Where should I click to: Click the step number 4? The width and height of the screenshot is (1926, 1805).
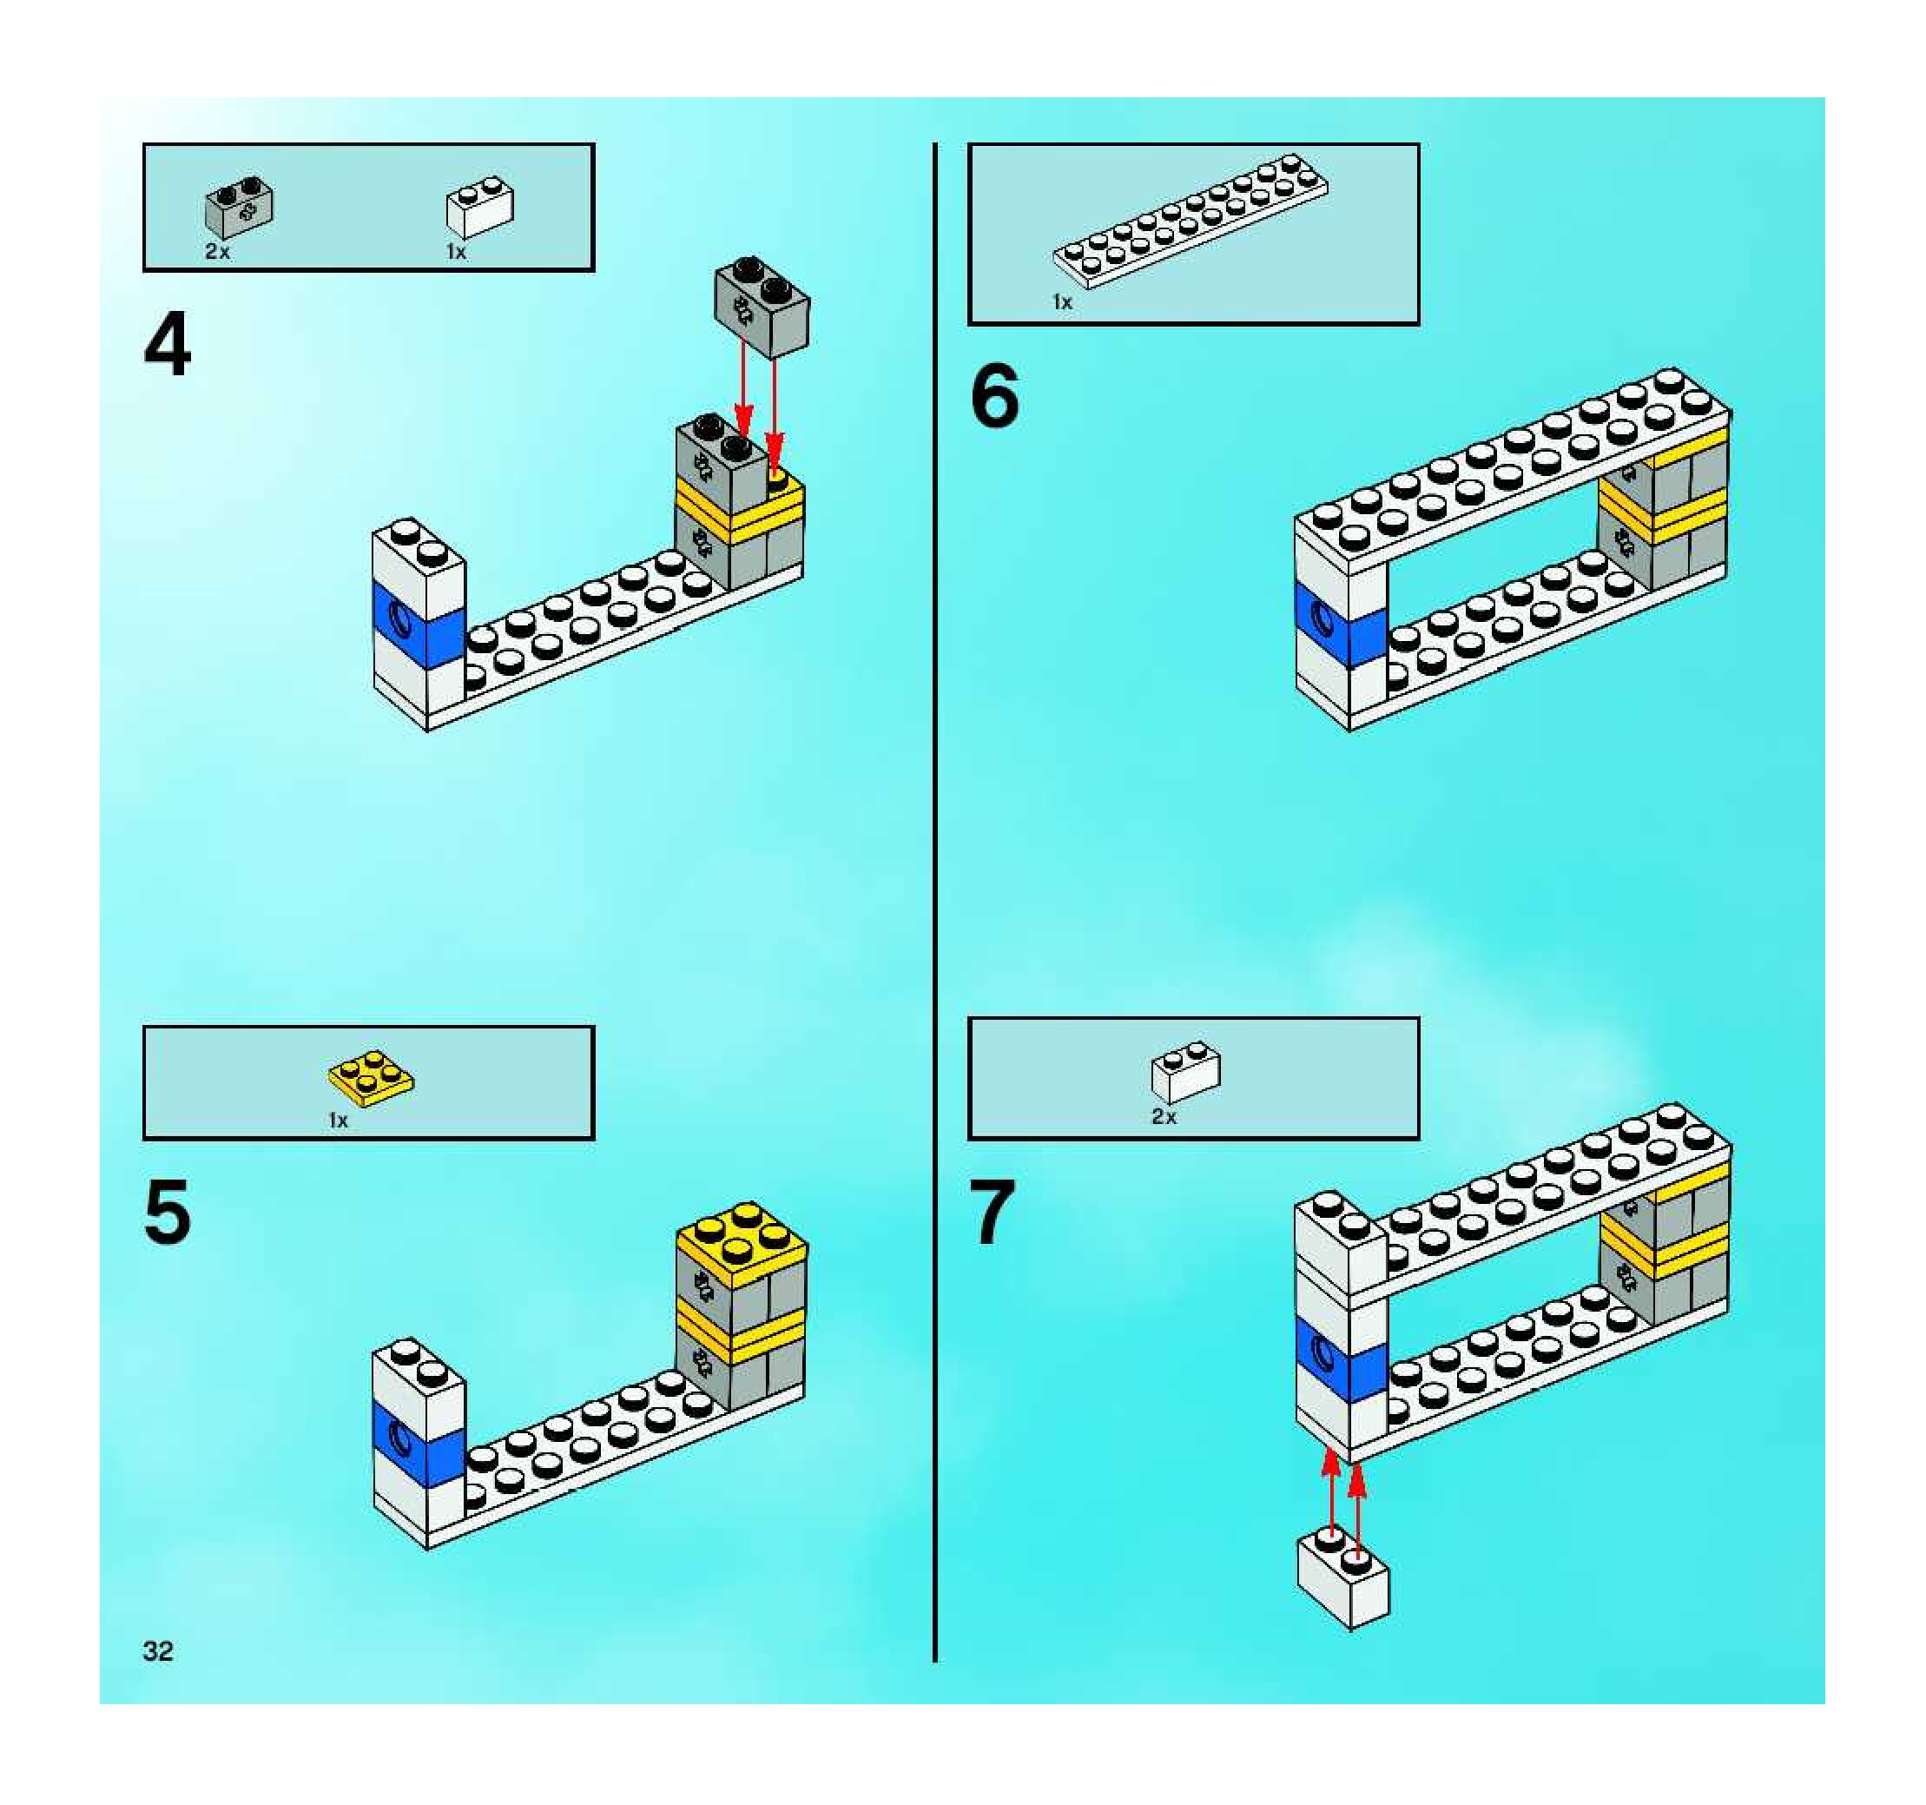pyautogui.click(x=167, y=346)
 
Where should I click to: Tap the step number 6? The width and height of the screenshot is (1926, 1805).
pyautogui.click(x=994, y=395)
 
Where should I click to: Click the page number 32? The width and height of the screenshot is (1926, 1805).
pyautogui.click(x=158, y=1651)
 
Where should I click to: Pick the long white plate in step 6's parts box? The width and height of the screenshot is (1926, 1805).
pyautogui.click(x=1191, y=220)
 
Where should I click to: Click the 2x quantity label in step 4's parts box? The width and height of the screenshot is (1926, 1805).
pyautogui.click(x=217, y=252)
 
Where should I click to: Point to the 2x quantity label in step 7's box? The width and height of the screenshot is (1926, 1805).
pyautogui.click(x=1164, y=1117)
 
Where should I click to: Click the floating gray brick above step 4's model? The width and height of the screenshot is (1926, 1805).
pyautogui.click(x=762, y=306)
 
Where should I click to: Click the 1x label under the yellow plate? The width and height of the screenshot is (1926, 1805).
pyautogui.click(x=337, y=1121)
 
